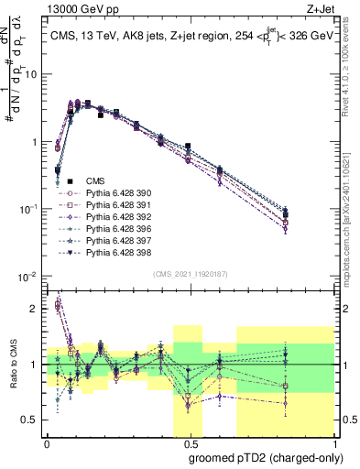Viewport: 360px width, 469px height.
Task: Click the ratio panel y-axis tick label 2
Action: point(33,309)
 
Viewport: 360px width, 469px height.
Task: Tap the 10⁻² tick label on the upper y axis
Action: point(27,277)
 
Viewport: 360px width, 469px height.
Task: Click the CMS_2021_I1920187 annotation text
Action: point(190,273)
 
